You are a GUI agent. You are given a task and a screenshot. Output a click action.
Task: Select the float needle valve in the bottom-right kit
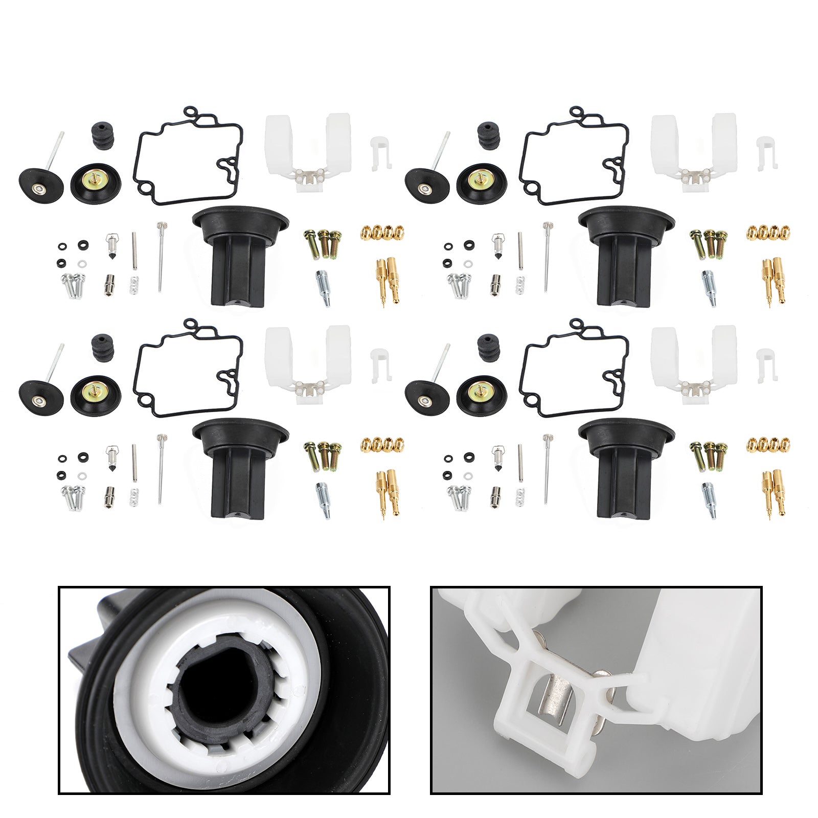tap(497, 453)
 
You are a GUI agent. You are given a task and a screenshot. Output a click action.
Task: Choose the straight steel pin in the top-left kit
tap(134, 251)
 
